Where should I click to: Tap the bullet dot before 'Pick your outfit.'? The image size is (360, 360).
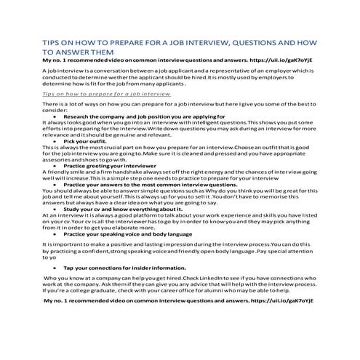point(56,140)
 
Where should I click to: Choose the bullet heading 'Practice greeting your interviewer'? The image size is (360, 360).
point(111,165)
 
